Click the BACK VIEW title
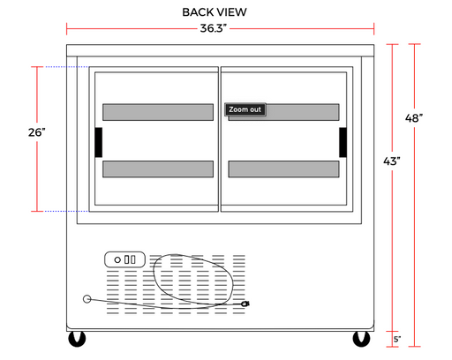pyautogui.click(x=215, y=12)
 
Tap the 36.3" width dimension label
pyautogui.click(x=214, y=28)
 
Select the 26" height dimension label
pyautogui.click(x=37, y=132)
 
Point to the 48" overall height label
pyautogui.click(x=414, y=118)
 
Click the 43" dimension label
pyautogui.click(x=392, y=161)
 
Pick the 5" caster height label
pyautogui.click(x=397, y=340)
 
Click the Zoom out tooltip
pyautogui.click(x=245, y=109)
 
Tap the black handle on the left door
pyautogui.click(x=99, y=142)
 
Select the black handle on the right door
pyautogui.click(x=343, y=142)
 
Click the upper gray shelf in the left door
pyautogui.click(x=158, y=112)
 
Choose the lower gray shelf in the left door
pyautogui.click(x=158, y=169)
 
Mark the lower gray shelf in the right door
pyautogui.click(x=283, y=169)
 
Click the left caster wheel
pyautogui.click(x=77, y=339)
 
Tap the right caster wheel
pyautogui.click(x=361, y=339)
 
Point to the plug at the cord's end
pyautogui.click(x=245, y=304)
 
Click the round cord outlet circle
pyautogui.click(x=87, y=299)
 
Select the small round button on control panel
pyautogui.click(x=117, y=260)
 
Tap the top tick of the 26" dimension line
pyautogui.click(x=37, y=67)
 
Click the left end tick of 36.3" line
pyautogui.click(x=67, y=29)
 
